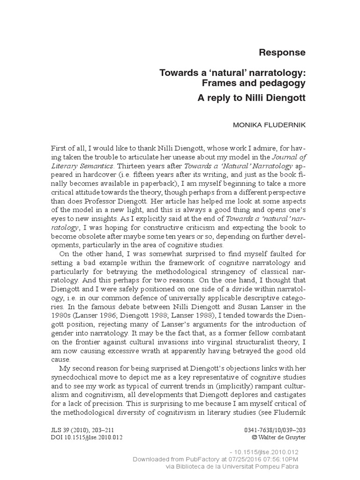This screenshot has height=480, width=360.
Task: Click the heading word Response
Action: (282, 52)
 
